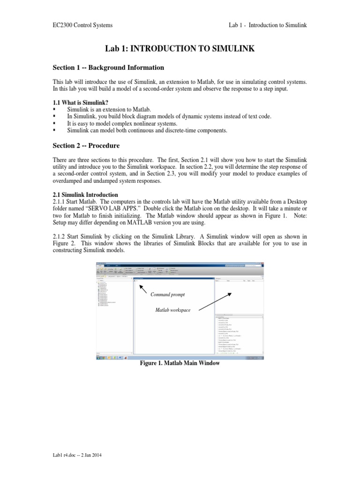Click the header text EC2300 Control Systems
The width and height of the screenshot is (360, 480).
tap(82, 25)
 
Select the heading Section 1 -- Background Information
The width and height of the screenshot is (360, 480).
tap(108, 67)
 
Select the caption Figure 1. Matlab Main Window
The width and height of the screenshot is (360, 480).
tap(180, 363)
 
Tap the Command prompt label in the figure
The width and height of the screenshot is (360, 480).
tap(167, 294)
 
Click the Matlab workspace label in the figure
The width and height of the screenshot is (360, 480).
tap(173, 310)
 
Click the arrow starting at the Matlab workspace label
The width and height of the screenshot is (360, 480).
tap(214, 302)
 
